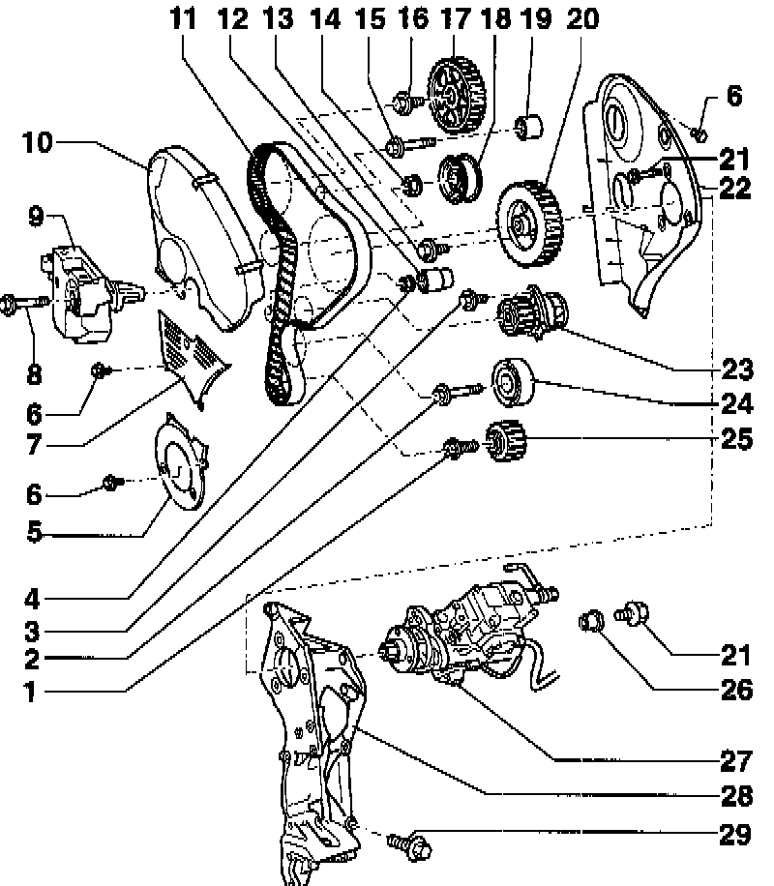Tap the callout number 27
tap(736, 758)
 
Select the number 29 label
tap(736, 833)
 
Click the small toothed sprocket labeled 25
tap(505, 445)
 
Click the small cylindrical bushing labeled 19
tap(530, 127)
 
